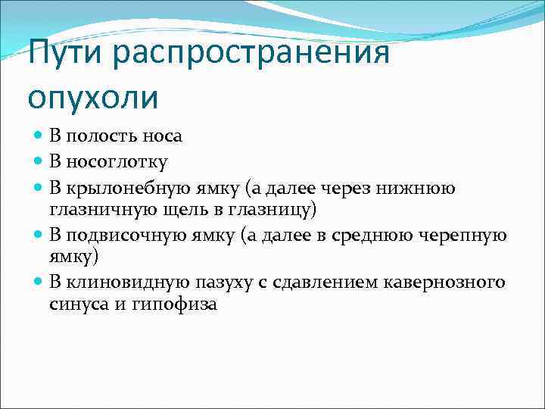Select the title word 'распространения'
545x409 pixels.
[257, 54]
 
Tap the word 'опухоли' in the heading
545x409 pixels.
[94, 98]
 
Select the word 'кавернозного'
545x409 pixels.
[453, 283]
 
